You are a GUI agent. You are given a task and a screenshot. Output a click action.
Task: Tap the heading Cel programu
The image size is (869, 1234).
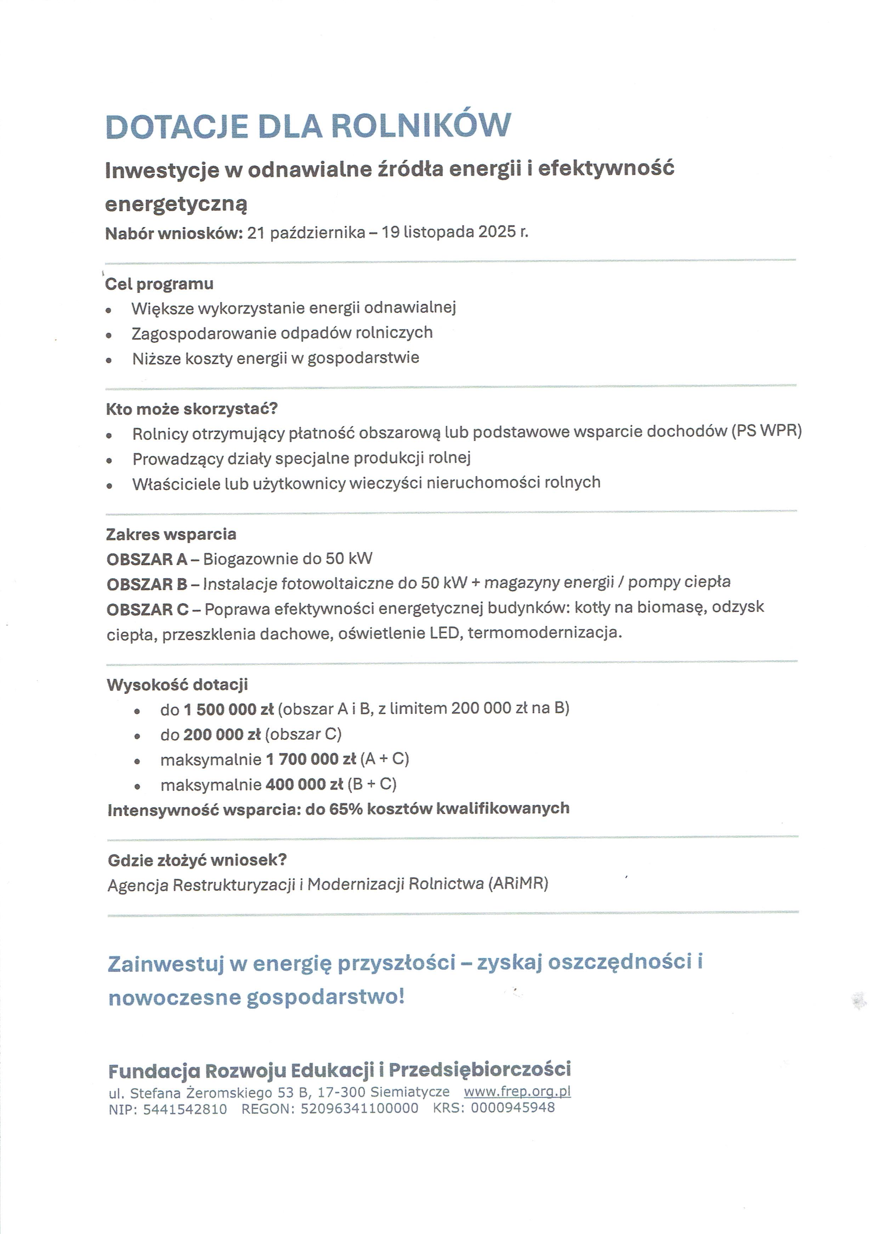[x=159, y=284]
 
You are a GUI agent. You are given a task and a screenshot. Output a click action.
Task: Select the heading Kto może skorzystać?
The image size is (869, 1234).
[x=191, y=409]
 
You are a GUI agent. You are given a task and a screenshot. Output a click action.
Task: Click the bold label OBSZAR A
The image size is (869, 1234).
[x=147, y=560]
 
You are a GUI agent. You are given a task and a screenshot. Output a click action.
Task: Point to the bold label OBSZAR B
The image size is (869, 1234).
[x=147, y=584]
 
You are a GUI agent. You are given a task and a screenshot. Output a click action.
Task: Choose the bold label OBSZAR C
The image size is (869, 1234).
[x=147, y=610]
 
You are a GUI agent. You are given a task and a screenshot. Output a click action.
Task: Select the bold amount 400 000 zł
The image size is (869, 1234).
[x=304, y=785]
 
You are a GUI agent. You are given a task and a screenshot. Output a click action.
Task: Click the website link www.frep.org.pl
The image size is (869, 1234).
[x=517, y=1092]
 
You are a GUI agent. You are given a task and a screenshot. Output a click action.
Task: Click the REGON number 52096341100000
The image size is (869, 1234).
[x=359, y=1109]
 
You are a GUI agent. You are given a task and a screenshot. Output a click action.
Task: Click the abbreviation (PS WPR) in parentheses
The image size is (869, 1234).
[x=766, y=431]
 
